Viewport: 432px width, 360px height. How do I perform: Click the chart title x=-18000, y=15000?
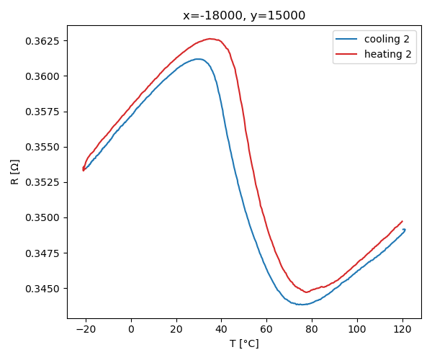(x=244, y=16)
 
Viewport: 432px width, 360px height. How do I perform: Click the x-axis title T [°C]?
(x=244, y=343)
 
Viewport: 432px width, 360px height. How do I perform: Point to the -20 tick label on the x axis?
(x=84, y=329)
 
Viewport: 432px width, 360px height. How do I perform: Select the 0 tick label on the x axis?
(x=131, y=329)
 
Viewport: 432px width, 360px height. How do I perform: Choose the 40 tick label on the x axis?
(x=222, y=329)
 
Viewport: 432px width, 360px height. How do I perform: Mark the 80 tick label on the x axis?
(x=312, y=329)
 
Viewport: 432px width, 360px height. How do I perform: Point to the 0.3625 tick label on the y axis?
(x=43, y=41)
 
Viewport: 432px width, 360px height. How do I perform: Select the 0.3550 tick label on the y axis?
(x=43, y=147)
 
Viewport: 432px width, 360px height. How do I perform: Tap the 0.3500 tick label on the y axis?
(x=43, y=217)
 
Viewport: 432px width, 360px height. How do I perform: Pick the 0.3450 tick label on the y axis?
(x=43, y=289)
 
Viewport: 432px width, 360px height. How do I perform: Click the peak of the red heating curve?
(x=210, y=39)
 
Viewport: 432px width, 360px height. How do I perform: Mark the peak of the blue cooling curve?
(x=198, y=59)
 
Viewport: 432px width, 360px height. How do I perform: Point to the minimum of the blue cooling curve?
(x=302, y=305)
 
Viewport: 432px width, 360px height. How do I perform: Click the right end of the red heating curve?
(x=402, y=221)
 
